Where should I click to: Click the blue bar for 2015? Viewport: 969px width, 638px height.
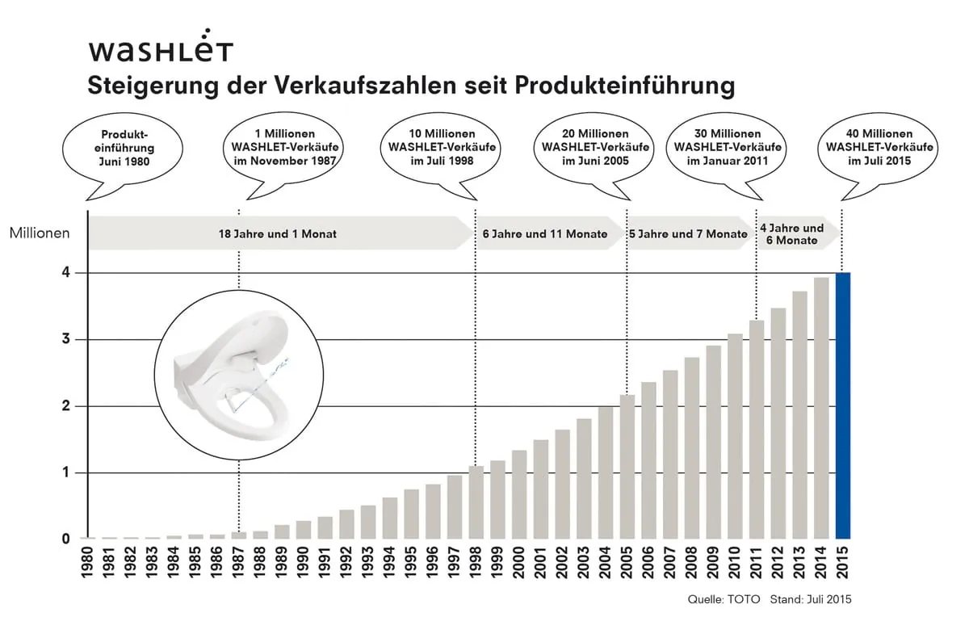842,405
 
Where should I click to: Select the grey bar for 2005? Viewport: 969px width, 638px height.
627,466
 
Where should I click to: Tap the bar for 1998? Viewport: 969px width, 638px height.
476,502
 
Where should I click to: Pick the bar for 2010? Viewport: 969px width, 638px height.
735,436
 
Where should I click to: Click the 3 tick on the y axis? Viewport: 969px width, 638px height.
67,339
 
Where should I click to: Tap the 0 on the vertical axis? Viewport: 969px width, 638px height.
67,539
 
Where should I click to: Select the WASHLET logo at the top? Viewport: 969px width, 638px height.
161,50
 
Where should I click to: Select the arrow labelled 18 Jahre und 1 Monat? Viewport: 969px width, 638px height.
278,233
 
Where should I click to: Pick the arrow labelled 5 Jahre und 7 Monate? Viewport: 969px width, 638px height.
688,233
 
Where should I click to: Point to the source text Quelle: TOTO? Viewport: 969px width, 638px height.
724,599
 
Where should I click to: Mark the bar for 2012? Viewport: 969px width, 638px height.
778,423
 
